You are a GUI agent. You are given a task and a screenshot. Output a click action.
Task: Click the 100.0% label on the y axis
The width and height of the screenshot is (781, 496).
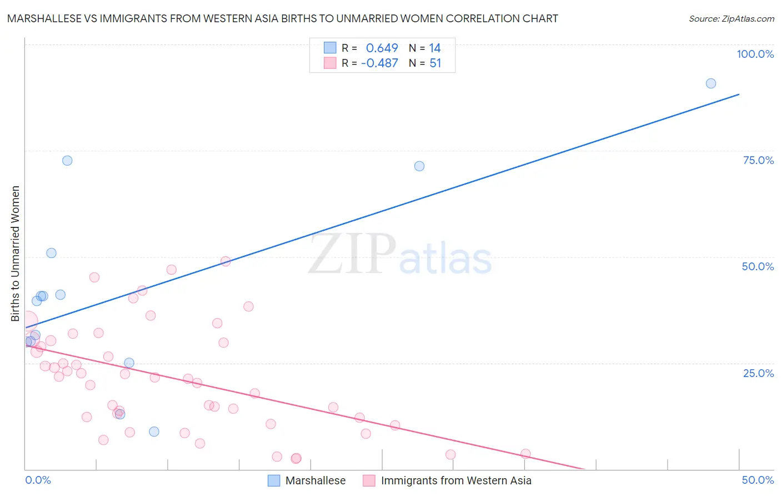755,54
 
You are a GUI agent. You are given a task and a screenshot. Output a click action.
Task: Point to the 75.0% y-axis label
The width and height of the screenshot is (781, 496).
758,160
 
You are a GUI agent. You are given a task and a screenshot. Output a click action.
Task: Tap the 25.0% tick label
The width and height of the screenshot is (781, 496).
758,373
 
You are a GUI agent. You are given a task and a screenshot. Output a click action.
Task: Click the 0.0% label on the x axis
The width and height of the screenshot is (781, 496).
38,480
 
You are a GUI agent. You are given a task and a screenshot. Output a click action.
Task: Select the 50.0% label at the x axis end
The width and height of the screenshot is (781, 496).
758,480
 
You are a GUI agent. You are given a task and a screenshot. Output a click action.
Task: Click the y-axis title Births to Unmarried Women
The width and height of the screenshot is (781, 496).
15,254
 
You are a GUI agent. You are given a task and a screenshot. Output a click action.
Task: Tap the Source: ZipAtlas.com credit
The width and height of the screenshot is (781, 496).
731,18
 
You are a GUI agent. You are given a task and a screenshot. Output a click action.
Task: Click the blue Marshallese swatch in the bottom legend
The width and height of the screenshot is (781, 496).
274,480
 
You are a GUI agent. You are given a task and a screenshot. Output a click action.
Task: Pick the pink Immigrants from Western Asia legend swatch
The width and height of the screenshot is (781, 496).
369,480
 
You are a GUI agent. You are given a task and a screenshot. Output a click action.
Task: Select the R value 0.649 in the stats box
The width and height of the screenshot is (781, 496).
382,48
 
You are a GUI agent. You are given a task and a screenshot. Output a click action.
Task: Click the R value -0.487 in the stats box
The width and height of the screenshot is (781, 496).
379,63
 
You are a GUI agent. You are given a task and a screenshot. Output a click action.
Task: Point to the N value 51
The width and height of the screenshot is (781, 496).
435,63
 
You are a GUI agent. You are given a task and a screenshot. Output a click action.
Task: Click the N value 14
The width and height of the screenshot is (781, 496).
434,48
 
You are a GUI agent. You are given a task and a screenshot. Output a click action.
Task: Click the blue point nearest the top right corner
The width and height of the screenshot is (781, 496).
710,83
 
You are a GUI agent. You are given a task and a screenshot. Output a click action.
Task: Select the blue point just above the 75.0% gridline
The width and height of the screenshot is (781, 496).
67,161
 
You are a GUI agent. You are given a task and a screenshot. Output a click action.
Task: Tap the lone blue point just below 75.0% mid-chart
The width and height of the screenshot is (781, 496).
419,166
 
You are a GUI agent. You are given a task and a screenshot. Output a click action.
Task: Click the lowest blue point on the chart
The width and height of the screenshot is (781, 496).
154,431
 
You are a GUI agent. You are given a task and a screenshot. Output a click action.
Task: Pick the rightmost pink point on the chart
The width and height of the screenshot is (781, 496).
525,454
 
